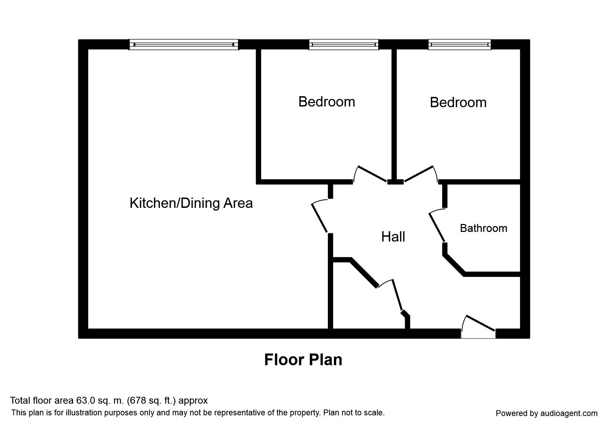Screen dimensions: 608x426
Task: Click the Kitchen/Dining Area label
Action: [191, 203]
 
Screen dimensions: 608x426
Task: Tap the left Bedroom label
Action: [327, 102]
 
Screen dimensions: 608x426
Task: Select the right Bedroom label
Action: [458, 102]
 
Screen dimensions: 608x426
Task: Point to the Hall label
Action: [393, 237]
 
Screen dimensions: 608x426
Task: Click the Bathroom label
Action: [483, 228]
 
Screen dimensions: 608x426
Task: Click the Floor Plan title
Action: [303, 360]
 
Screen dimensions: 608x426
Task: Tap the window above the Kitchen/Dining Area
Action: [184, 45]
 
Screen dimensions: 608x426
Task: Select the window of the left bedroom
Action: [344, 45]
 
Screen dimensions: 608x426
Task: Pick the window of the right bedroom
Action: [459, 45]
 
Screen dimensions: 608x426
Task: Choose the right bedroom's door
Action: [419, 173]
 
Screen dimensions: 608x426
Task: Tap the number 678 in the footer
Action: [137, 401]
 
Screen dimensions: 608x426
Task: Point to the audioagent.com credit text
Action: [573, 414]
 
